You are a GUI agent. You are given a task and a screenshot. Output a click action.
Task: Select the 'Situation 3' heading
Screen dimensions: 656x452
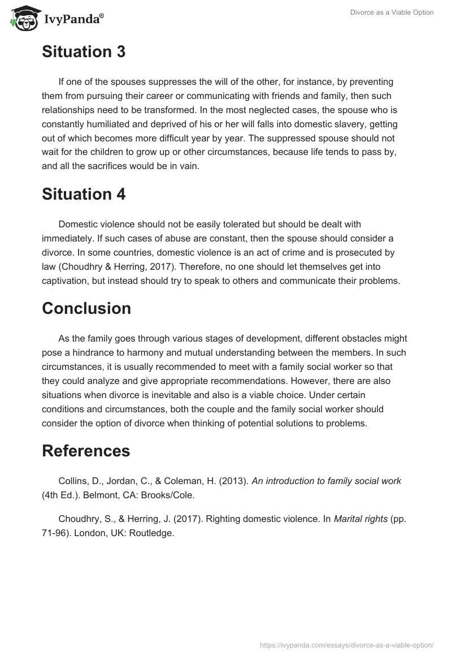click(x=84, y=52)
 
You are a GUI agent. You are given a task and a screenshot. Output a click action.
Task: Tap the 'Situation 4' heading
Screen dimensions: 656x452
click(x=84, y=194)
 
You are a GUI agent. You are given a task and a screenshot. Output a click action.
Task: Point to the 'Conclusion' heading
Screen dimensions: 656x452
click(x=86, y=308)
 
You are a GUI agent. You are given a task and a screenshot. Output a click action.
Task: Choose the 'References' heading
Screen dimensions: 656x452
click(x=86, y=451)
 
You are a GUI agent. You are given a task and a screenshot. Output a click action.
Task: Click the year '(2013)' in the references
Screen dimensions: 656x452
click(x=233, y=481)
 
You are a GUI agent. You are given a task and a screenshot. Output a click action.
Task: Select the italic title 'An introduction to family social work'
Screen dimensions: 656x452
click(x=326, y=481)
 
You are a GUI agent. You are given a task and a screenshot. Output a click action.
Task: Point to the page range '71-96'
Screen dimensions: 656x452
click(x=54, y=533)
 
